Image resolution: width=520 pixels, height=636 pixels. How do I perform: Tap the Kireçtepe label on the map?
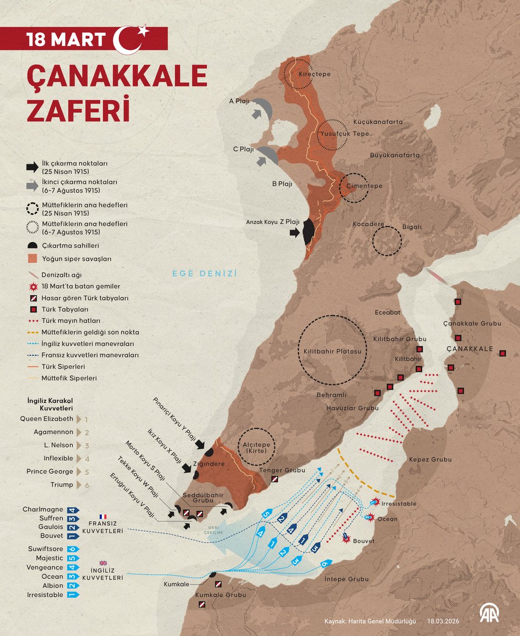pyautogui.click(x=314, y=74)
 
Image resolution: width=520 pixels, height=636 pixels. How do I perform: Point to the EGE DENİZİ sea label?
pyautogui.click(x=204, y=273)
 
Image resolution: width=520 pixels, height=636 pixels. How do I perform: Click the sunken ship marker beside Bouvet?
pyautogui.click(x=346, y=537)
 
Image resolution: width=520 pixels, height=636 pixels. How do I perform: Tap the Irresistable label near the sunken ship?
pyautogui.click(x=399, y=503)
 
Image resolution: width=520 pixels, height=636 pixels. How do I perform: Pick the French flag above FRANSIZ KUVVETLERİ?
pyautogui.click(x=102, y=516)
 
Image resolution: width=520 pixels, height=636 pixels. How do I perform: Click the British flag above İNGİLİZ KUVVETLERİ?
pyautogui.click(x=102, y=563)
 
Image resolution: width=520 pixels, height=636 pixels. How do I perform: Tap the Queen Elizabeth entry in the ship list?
pyautogui.click(x=47, y=419)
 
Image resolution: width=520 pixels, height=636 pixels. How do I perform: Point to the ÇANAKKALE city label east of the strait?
pyautogui.click(x=469, y=349)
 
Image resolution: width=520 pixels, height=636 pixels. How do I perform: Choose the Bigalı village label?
pyautogui.click(x=412, y=227)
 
